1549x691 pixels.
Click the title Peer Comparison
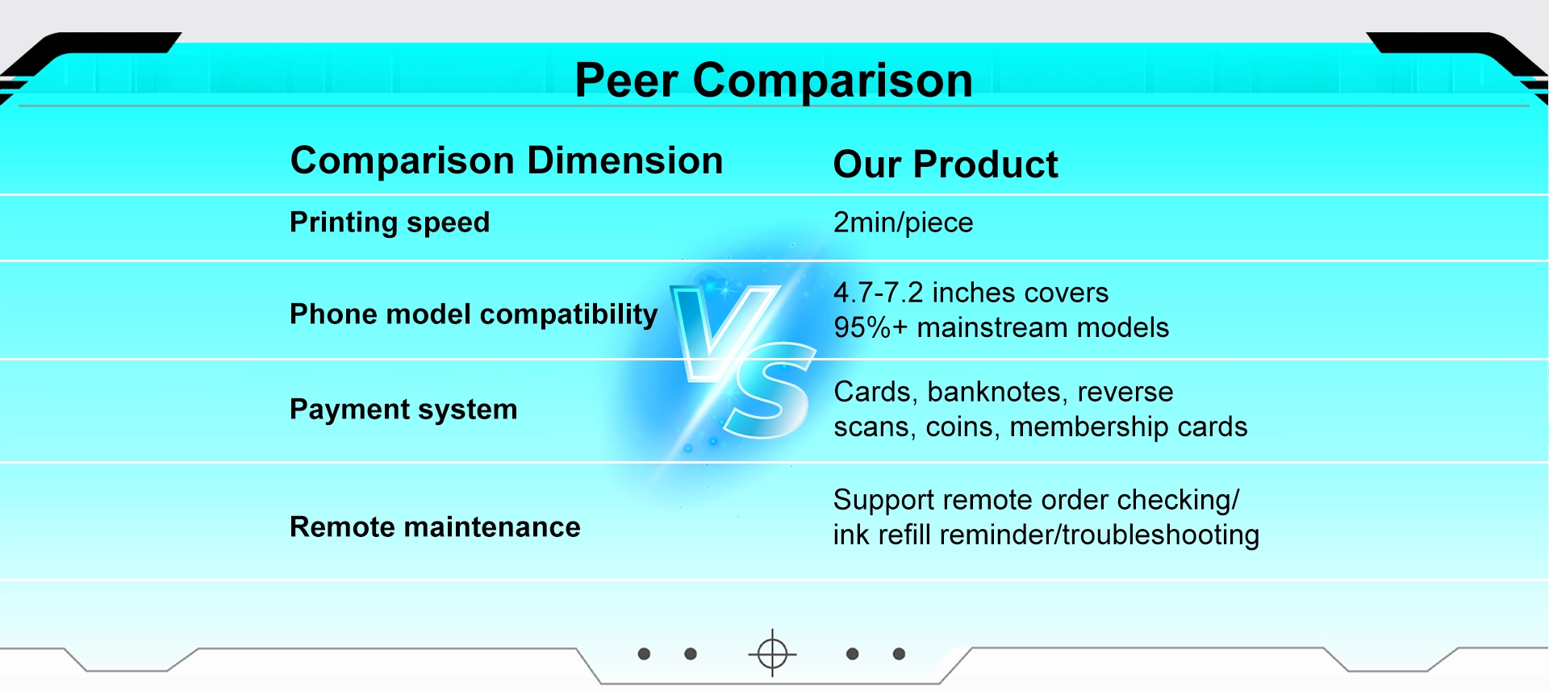click(773, 81)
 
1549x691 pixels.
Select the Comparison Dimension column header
click(506, 160)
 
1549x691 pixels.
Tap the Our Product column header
click(945, 164)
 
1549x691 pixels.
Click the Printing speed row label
click(390, 223)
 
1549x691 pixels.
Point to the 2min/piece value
click(903, 223)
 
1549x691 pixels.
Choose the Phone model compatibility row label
click(474, 314)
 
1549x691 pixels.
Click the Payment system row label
click(403, 410)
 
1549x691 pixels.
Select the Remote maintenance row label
click(435, 527)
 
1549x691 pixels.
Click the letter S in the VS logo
click(770, 391)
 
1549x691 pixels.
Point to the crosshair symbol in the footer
click(772, 653)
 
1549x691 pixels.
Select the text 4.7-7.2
click(878, 293)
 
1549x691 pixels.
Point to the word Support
click(883, 501)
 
